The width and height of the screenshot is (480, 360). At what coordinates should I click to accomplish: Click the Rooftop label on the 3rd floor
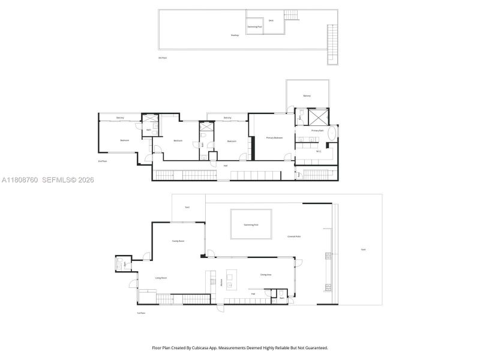pyautogui.click(x=235, y=35)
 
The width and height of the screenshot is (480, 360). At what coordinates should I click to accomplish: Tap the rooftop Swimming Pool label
pyautogui.click(x=255, y=27)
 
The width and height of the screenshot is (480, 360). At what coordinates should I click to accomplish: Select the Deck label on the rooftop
pyautogui.click(x=271, y=20)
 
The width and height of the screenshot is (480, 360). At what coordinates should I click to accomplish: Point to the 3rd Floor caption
pyautogui.click(x=163, y=58)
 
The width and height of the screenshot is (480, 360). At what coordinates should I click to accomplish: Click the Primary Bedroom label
pyautogui.click(x=274, y=138)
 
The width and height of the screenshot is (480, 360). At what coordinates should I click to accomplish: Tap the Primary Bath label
pyautogui.click(x=317, y=130)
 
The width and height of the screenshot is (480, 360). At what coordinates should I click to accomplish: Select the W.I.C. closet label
pyautogui.click(x=319, y=151)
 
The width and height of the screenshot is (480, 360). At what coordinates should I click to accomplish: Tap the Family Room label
pyautogui.click(x=178, y=241)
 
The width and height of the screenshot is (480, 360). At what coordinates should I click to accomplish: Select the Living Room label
pyautogui.click(x=161, y=278)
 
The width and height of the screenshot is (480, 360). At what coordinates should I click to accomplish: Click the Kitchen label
pyautogui.click(x=222, y=283)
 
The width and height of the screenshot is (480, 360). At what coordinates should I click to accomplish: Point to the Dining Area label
pyautogui.click(x=266, y=274)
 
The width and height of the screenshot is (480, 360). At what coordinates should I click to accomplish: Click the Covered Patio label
pyautogui.click(x=294, y=236)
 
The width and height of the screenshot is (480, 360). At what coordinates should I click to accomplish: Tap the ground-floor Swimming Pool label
pyautogui.click(x=251, y=224)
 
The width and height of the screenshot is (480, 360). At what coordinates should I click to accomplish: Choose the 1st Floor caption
pyautogui.click(x=142, y=313)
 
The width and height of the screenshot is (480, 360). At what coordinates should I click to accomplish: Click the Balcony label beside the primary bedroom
pyautogui.click(x=307, y=96)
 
